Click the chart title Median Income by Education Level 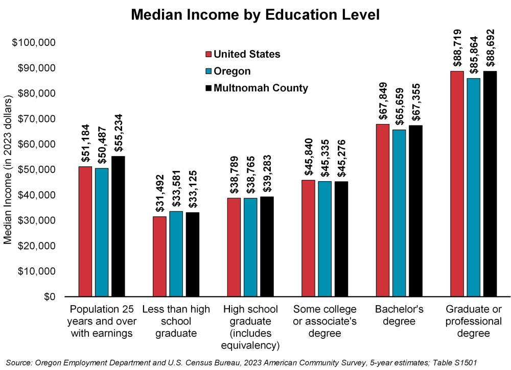[x=255, y=15]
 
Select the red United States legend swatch [x=208, y=55]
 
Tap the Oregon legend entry [x=232, y=71]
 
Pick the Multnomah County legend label [x=261, y=88]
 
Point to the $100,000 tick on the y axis [x=33, y=42]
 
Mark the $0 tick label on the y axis [x=49, y=297]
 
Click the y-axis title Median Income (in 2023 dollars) [x=8, y=169]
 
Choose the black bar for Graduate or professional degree [x=490, y=184]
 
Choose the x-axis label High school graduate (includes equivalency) [x=250, y=327]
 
